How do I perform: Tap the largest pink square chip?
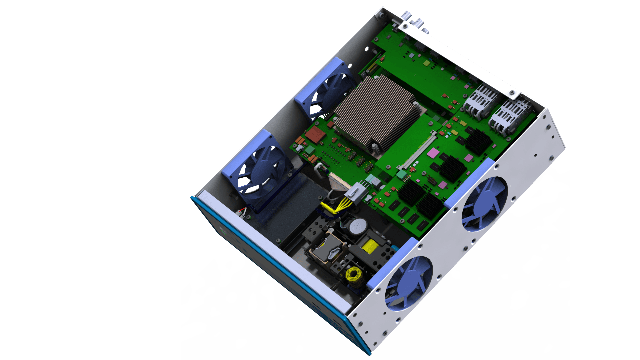[x=433, y=153]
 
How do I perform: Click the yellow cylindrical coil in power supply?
[x=369, y=246]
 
